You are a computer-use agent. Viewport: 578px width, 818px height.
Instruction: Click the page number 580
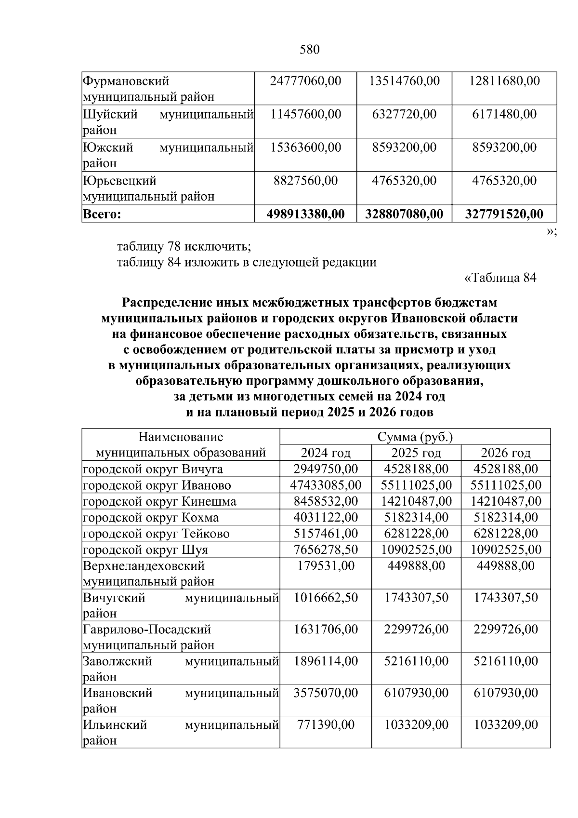[310, 50]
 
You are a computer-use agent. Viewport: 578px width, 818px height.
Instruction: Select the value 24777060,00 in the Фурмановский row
[305, 81]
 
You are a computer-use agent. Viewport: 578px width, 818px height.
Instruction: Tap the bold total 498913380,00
[305, 214]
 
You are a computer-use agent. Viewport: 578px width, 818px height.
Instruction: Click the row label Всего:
[102, 214]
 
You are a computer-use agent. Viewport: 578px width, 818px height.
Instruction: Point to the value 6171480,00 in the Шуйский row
[504, 114]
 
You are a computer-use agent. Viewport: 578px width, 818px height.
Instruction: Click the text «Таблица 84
[499, 278]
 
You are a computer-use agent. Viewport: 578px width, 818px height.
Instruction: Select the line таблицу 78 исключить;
[184, 247]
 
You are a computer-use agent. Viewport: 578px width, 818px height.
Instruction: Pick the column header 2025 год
[416, 453]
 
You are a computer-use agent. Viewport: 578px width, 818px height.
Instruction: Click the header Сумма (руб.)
[415, 437]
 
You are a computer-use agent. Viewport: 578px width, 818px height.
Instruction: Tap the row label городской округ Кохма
[151, 518]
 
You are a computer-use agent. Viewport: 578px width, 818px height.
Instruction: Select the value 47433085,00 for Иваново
[326, 485]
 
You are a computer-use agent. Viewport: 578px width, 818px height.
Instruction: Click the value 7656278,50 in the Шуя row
[326, 550]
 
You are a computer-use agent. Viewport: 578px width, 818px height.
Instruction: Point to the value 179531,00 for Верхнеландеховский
[326, 565]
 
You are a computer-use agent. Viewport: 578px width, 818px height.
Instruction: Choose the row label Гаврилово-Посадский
[147, 630]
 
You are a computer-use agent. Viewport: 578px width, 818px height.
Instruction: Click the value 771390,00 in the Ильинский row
[326, 725]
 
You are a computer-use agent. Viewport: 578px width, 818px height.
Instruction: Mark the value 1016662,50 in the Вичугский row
[326, 598]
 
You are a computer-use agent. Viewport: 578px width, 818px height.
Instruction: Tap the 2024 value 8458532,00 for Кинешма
[326, 501]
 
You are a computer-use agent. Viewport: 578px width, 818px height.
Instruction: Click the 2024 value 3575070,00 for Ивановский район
[326, 693]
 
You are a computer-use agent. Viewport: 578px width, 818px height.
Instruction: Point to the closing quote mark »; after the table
[552, 232]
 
